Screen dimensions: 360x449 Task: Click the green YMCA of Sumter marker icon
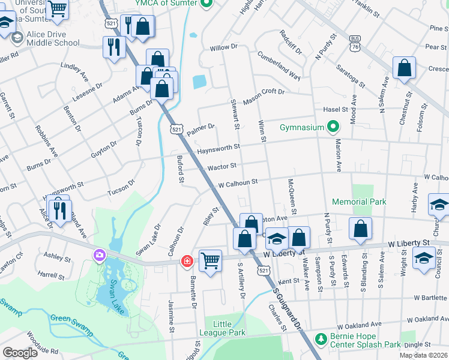[207, 4]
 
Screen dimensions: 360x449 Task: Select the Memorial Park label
[359, 202]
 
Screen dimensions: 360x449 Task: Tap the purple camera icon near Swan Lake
[98, 256]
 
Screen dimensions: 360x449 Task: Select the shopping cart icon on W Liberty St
[210, 261]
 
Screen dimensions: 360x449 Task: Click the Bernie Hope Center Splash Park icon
[321, 340]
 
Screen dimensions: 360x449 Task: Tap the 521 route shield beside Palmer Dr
[176, 128]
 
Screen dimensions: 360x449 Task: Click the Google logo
[20, 353]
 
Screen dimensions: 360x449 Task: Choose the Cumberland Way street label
[279, 65]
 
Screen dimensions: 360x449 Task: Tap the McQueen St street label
[292, 196]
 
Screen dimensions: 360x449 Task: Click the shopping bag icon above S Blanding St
[360, 228]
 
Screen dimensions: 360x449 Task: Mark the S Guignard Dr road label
[287, 307]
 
